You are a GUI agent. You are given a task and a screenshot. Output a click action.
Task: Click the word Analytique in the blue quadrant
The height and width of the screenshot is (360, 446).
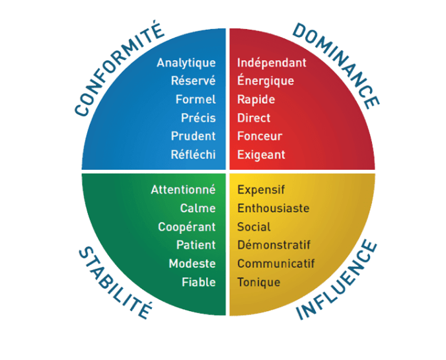pos(186,63)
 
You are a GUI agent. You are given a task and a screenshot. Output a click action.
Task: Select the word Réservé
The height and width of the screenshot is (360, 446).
pos(193,81)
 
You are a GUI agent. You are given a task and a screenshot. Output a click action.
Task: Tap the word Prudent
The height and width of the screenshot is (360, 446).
pos(193,136)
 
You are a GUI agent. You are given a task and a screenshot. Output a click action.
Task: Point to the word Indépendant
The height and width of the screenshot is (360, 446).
pos(272,63)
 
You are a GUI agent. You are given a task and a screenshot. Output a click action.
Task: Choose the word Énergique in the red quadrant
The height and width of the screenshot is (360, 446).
pos(266,81)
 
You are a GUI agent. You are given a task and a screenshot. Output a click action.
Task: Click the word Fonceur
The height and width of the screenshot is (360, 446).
pos(260,136)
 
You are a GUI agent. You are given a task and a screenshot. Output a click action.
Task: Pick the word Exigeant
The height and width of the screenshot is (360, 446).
pos(261,155)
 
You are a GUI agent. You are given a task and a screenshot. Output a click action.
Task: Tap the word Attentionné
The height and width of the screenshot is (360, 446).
pos(183,190)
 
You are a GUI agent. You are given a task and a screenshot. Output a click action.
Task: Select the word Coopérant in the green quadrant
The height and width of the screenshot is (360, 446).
pos(187,227)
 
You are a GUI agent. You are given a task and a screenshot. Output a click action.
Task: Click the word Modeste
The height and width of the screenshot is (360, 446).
pos(192,264)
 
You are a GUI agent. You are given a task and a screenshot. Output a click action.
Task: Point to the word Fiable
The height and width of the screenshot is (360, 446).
pos(199,282)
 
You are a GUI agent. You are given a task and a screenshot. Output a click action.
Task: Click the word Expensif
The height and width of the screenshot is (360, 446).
pos(261,190)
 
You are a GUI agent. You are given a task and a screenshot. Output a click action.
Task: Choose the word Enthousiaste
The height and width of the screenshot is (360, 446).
pos(273,208)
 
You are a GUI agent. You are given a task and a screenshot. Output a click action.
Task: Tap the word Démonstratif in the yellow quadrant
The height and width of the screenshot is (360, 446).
pos(274,245)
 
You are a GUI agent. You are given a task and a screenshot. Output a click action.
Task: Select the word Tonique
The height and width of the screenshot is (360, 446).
pos(258,282)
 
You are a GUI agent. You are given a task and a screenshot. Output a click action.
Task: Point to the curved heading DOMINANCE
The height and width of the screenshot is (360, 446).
pos(336,63)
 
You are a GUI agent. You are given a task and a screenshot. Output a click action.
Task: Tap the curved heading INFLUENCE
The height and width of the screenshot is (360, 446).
pos(338,281)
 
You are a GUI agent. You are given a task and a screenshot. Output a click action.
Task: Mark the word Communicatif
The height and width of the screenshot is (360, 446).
pos(276,264)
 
